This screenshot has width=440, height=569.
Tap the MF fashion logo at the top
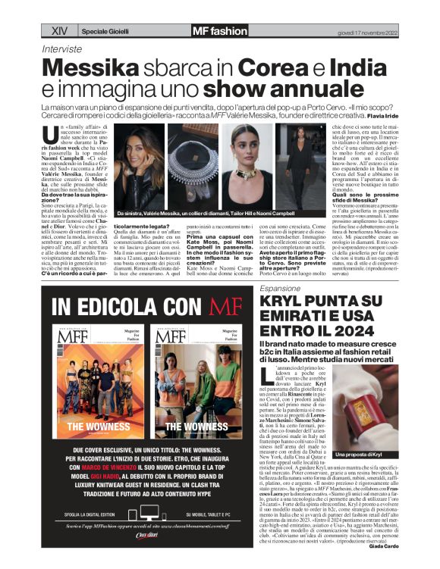[219, 31]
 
